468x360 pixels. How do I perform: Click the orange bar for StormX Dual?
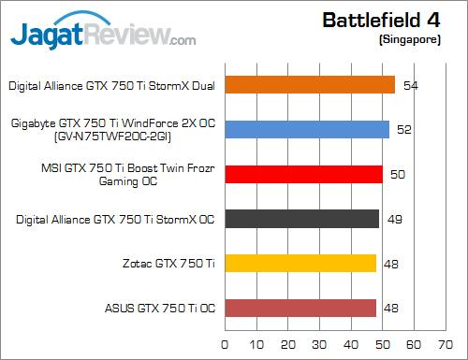(x=309, y=85)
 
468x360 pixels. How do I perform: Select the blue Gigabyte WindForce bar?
(x=306, y=129)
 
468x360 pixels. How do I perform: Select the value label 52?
(x=404, y=129)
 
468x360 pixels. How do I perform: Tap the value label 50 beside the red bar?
(x=398, y=174)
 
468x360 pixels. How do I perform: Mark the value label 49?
(x=395, y=219)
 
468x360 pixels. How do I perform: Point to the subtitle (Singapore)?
(x=410, y=41)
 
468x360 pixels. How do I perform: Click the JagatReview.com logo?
(x=103, y=35)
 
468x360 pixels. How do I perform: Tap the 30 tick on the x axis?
(x=320, y=343)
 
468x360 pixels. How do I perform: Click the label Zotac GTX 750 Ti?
(x=168, y=264)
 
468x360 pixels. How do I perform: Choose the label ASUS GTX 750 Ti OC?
(x=158, y=308)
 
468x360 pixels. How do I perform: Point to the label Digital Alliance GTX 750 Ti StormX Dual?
(x=111, y=85)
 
